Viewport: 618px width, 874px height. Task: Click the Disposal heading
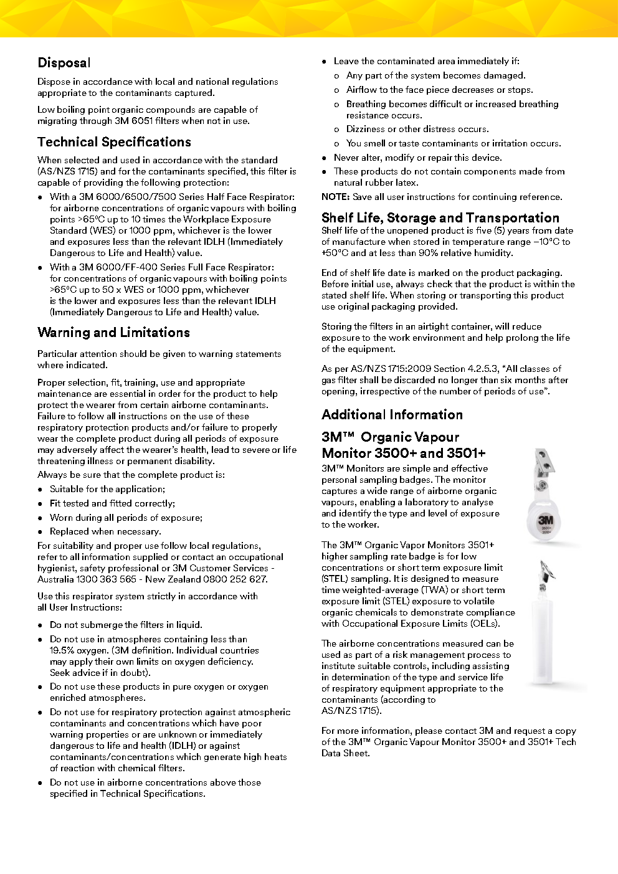pos(64,63)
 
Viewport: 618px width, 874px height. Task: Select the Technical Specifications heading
pos(114,142)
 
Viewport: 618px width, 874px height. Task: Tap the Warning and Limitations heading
pos(113,333)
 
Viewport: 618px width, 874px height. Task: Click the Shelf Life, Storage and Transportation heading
pos(440,218)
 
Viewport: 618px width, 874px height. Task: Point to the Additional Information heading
pos(392,415)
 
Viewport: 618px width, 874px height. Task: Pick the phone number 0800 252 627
pos(239,579)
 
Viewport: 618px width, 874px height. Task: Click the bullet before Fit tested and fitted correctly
pos(40,504)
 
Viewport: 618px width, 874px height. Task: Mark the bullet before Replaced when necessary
pos(40,532)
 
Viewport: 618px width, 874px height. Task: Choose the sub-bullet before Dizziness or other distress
pos(337,130)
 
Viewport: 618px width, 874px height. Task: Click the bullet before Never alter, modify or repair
pos(325,158)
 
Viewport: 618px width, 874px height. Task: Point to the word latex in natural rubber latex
pos(407,183)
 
